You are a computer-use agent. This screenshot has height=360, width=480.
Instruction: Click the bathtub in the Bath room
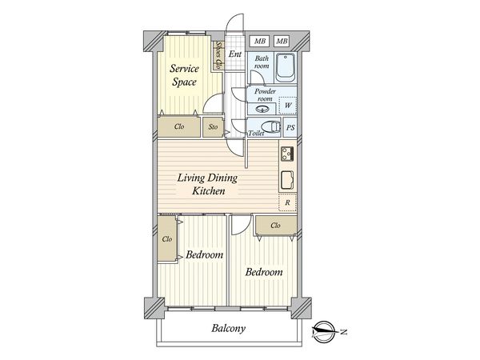[286, 68]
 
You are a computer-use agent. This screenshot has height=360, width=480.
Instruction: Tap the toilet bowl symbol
[271, 126]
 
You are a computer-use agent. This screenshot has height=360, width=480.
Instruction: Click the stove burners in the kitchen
[287, 154]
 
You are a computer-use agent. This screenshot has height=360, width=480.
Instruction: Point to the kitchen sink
[287, 180]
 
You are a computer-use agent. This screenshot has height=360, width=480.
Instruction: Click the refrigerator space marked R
[287, 202]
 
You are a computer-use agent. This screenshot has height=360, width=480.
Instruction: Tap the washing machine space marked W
[288, 106]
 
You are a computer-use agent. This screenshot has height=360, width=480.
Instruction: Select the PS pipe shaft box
[290, 127]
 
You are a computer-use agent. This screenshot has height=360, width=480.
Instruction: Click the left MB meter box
[259, 41]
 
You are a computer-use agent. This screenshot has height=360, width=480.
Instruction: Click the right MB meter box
[282, 41]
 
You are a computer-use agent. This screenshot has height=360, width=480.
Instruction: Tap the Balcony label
[228, 329]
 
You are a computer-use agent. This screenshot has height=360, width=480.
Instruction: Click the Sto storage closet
[213, 127]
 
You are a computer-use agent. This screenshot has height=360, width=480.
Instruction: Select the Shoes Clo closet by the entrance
[218, 56]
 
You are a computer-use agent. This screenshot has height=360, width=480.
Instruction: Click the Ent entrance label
[235, 54]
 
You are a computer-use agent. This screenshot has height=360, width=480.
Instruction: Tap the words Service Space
[184, 75]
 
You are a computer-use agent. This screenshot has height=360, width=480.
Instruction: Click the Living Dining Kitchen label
[208, 184]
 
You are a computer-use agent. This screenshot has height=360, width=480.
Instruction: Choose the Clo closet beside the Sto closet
[178, 126]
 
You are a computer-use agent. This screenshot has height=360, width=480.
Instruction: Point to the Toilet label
[256, 133]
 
